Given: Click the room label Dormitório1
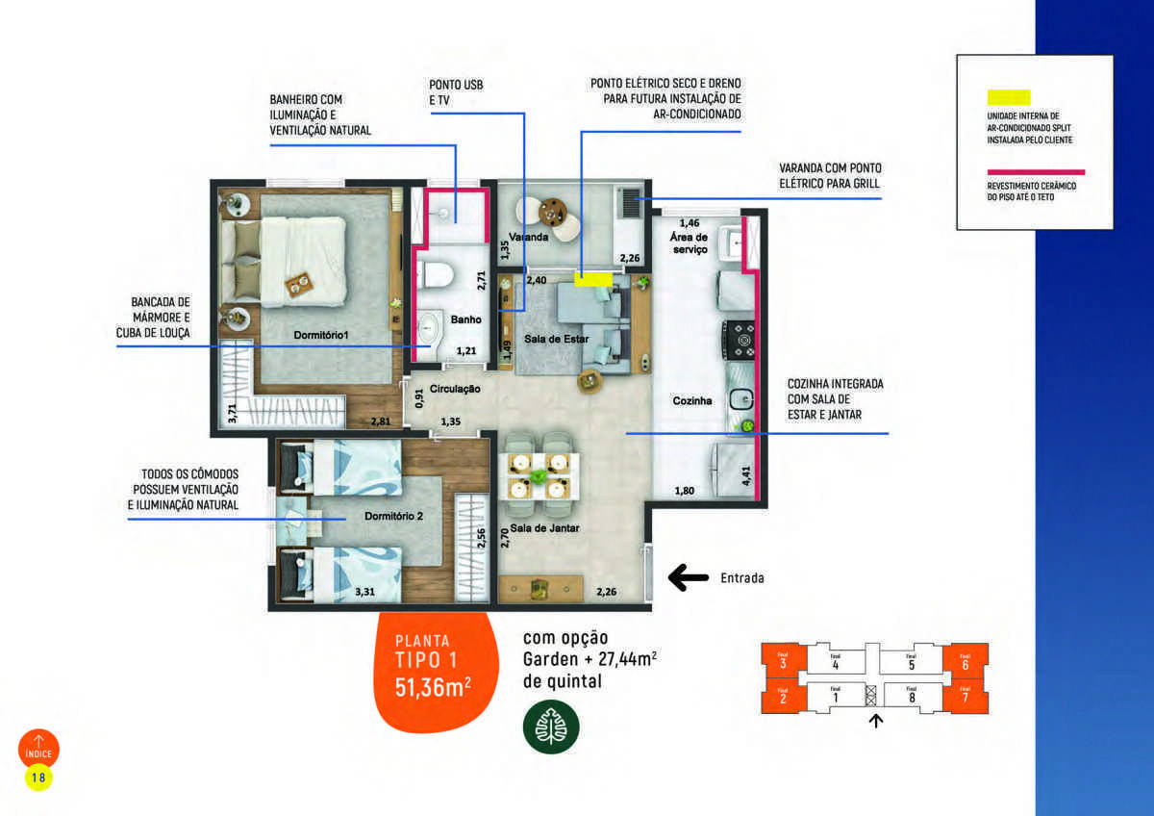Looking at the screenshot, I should click(321, 336).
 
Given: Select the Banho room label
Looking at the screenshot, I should click(465, 319).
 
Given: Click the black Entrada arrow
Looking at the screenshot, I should click(688, 577).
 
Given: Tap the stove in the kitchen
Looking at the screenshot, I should click(740, 339).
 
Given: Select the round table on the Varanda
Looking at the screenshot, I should click(554, 211).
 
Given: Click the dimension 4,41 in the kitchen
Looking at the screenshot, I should click(745, 474).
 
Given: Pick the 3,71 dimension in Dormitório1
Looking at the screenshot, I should click(232, 414).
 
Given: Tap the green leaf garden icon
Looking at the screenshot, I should click(551, 727).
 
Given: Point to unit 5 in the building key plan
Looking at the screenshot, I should click(911, 663).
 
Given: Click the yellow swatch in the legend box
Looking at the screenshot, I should click(1008, 97).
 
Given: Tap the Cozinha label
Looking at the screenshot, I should click(692, 400).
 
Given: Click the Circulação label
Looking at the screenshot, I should click(455, 389).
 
